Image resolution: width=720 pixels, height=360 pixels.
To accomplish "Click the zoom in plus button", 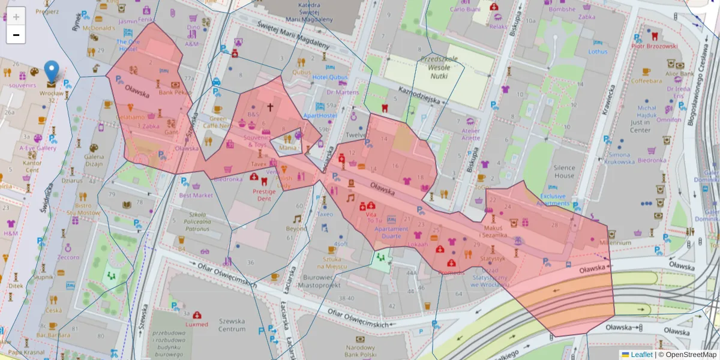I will click(x=16, y=16).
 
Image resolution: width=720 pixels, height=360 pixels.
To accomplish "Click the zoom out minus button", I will click(x=16, y=35).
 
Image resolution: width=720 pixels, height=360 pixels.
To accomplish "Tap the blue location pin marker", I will click(x=52, y=71).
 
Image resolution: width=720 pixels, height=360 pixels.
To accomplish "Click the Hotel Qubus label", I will click(x=329, y=77).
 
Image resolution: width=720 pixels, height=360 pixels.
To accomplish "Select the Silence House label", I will click(x=564, y=172).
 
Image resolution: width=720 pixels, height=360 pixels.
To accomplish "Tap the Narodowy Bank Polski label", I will click(x=361, y=352).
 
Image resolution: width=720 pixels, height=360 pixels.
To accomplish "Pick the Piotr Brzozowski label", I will click(x=654, y=46).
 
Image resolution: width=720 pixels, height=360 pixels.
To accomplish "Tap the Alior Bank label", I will click(x=679, y=74).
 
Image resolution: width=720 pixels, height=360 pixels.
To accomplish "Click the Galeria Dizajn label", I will click(x=94, y=160).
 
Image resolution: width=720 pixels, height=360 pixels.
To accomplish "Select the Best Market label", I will click(x=196, y=195).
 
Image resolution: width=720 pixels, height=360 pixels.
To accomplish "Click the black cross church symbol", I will click(x=270, y=107).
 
